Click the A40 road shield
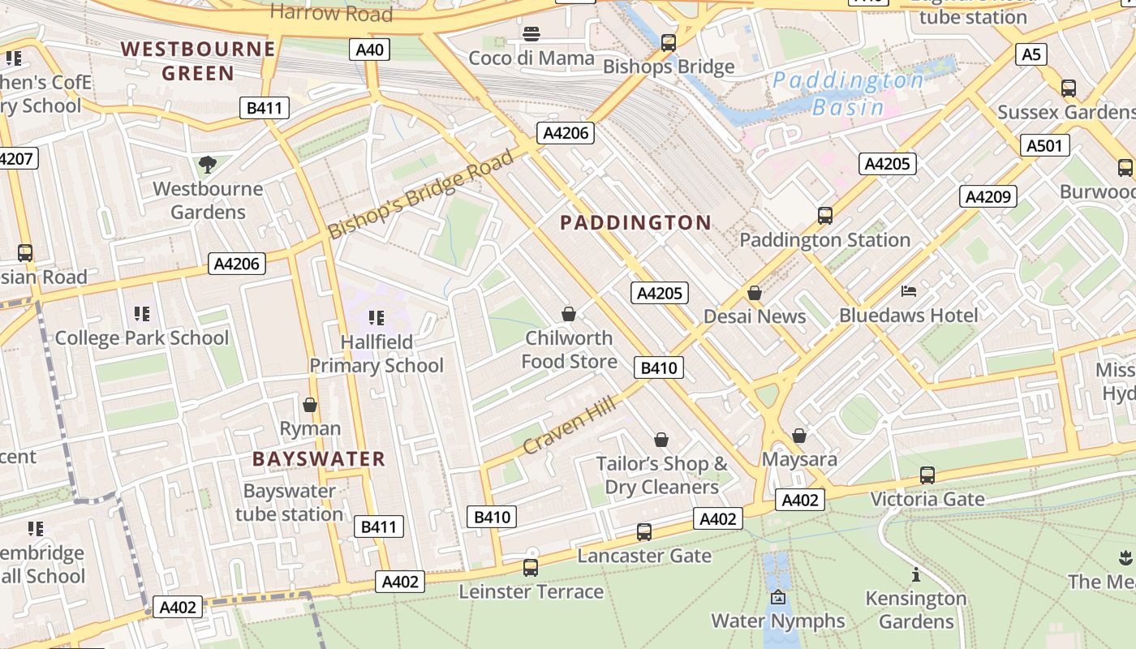pyautogui.click(x=370, y=49)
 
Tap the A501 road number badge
pyautogui.click(x=1044, y=145)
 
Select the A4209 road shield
pyautogui.click(x=988, y=196)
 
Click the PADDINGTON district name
pyautogui.click(x=635, y=222)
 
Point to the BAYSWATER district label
pyautogui.click(x=318, y=459)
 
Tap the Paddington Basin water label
pyautogui.click(x=848, y=93)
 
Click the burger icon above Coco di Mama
pyautogui.click(x=531, y=34)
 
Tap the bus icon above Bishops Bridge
pyautogui.click(x=669, y=43)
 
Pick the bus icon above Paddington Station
pyautogui.click(x=825, y=216)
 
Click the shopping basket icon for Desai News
pyautogui.click(x=755, y=293)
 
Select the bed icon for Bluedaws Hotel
pyautogui.click(x=909, y=291)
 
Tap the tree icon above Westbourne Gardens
pyautogui.click(x=208, y=165)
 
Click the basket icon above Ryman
pyautogui.click(x=310, y=404)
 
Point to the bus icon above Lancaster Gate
pyautogui.click(x=644, y=532)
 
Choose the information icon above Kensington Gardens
pyautogui.click(x=916, y=575)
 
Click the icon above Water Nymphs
pyautogui.click(x=778, y=597)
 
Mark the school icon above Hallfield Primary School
pyautogui.click(x=376, y=317)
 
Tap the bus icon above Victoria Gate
pyautogui.click(x=927, y=475)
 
